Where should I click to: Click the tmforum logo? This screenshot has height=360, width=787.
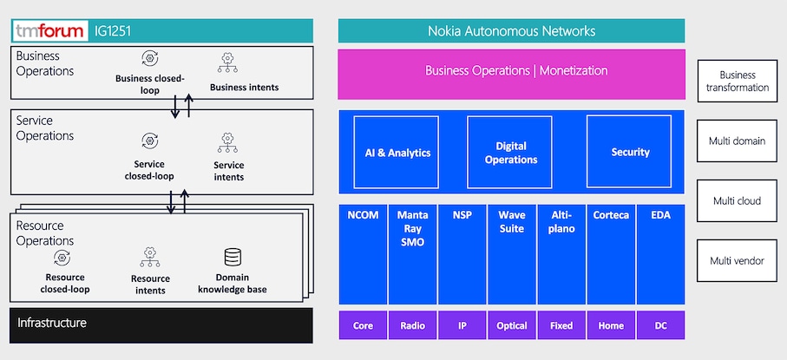[50, 32]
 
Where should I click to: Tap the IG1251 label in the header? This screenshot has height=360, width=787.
[113, 32]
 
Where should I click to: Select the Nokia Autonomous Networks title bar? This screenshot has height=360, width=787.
[511, 31]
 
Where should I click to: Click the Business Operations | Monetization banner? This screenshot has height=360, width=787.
[511, 71]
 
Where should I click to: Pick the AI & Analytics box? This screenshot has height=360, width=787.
[396, 152]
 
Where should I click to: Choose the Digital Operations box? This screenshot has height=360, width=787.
[511, 152]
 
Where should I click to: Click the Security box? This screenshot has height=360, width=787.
[630, 152]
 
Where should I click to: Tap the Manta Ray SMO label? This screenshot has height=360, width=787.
[412, 228]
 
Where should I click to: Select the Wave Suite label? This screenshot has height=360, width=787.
[512, 222]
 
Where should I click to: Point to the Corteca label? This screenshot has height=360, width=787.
[611, 215]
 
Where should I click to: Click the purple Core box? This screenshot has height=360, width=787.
[363, 325]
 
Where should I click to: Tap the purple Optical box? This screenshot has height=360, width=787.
[512, 325]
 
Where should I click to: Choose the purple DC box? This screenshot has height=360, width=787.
[660, 325]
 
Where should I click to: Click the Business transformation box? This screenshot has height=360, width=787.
[738, 81]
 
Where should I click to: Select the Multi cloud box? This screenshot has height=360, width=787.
[738, 200]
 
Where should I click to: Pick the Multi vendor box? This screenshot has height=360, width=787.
[738, 260]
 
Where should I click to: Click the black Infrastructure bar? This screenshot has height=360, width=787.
[161, 324]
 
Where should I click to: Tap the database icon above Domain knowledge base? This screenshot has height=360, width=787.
[233, 258]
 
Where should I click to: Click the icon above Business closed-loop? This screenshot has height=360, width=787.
[150, 59]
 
